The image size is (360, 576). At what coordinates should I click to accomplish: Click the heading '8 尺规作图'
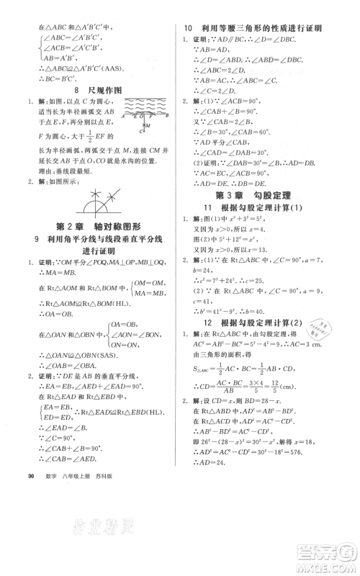pos(100,91)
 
